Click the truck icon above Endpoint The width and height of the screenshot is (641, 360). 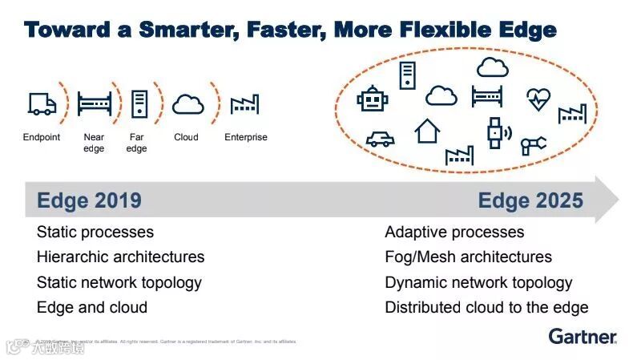tap(42, 103)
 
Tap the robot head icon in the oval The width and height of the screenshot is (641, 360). tap(372, 99)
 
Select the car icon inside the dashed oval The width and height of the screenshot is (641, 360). tap(380, 139)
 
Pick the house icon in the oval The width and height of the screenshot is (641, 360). tap(427, 131)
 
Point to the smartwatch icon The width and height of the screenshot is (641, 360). tap(494, 131)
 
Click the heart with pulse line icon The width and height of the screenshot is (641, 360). tap(538, 99)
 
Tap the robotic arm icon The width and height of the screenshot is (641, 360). tap(533, 144)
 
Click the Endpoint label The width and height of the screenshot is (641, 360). tap(42, 137)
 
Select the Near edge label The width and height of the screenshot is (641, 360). tap(94, 143)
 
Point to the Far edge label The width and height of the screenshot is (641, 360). tap(137, 143)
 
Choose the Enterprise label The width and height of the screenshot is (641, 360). tap(246, 137)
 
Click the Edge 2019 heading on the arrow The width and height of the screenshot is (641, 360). tap(89, 200)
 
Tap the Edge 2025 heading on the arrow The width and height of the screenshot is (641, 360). tap(530, 200)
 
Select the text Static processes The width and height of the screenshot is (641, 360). tap(95, 233)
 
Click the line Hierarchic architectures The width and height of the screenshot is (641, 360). tap(120, 257)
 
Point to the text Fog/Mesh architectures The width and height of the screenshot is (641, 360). tap(468, 257)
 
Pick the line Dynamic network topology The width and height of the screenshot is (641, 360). tap(478, 282)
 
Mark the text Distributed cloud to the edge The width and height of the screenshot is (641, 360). tap(486, 307)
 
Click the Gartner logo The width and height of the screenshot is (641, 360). tap(583, 336)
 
